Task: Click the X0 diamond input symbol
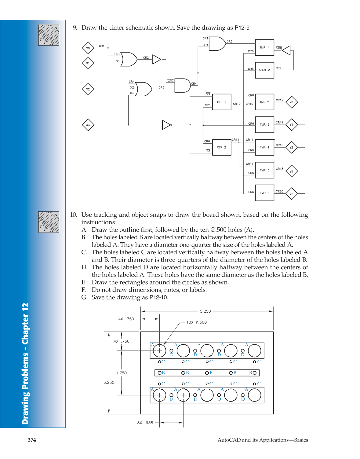[88, 48]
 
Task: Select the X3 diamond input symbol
[88, 125]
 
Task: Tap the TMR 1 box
[264, 47]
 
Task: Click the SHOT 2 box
[264, 70]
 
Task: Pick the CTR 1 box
[222, 102]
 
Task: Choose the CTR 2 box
[222, 147]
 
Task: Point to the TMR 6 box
[264, 193]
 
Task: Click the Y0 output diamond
[291, 102]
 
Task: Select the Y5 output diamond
[291, 194]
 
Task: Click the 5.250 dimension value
[205, 311]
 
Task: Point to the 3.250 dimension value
[109, 382]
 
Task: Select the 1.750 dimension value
[121, 373]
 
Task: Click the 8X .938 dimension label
[145, 423]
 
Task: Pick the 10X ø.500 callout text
[196, 322]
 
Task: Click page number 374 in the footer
[32, 440]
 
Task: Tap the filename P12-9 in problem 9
[242, 28]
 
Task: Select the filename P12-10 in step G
[158, 297]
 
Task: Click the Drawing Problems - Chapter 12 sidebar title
[25, 363]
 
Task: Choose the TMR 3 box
[264, 125]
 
